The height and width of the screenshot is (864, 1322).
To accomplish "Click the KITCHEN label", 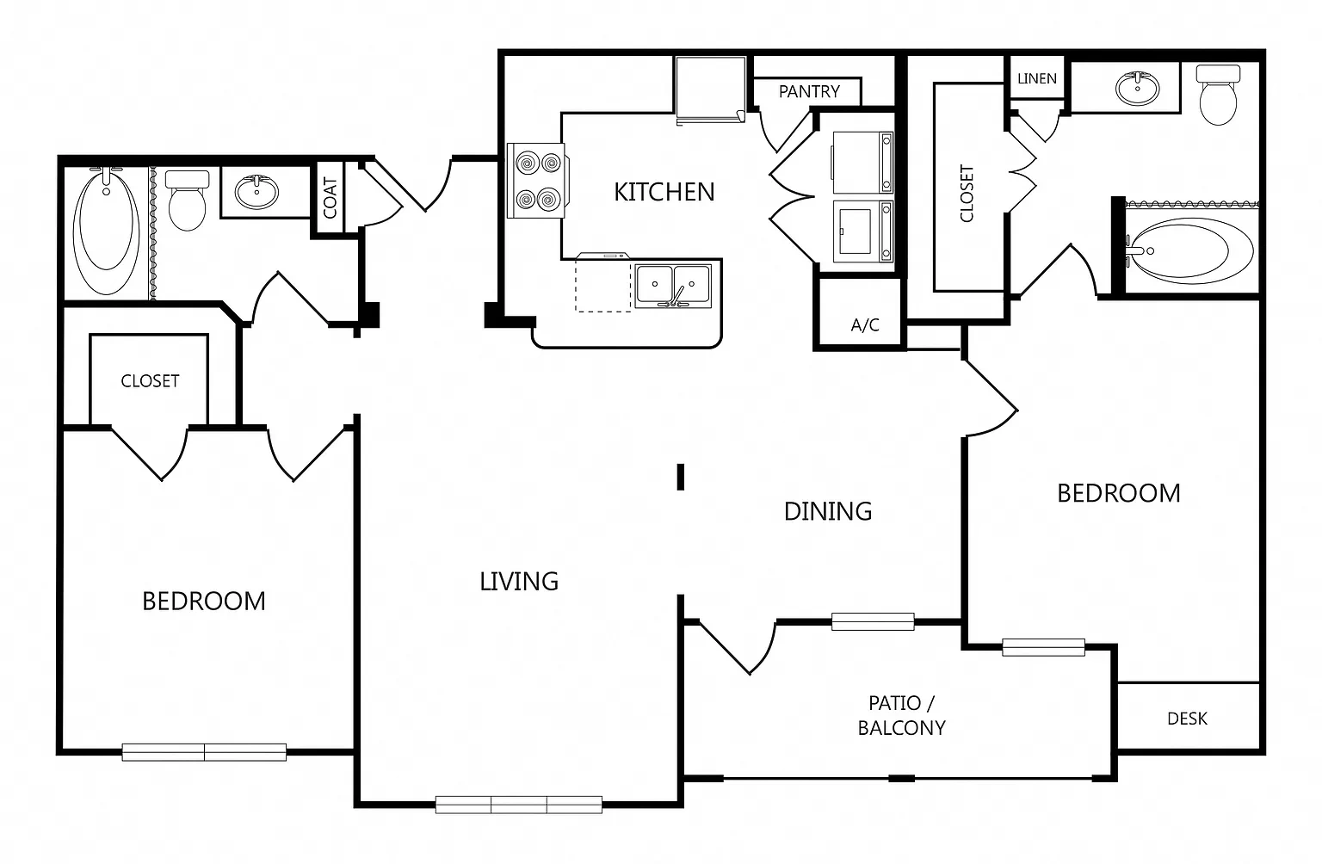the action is pyautogui.click(x=664, y=192).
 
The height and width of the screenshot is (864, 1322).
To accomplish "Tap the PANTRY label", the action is pyautogui.click(x=808, y=91).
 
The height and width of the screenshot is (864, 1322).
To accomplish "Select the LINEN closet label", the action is pyautogui.click(x=1037, y=78).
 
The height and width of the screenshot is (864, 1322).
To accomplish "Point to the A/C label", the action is pyautogui.click(x=865, y=324).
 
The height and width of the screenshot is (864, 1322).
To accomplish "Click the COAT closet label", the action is pyautogui.click(x=330, y=198).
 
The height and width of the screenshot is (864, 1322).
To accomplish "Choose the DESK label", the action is pyautogui.click(x=1187, y=719).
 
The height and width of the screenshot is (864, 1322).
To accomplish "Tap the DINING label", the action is pyautogui.click(x=827, y=511).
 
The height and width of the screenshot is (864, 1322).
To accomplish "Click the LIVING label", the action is pyautogui.click(x=519, y=582).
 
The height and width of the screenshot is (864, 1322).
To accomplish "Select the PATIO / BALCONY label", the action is pyautogui.click(x=901, y=715).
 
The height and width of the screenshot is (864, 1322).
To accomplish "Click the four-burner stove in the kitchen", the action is pyautogui.click(x=536, y=181).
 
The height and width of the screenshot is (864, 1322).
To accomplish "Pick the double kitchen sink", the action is pyautogui.click(x=673, y=287).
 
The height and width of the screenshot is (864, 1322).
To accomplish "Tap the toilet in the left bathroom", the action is pyautogui.click(x=187, y=200).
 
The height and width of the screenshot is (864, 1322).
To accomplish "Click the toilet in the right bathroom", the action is pyautogui.click(x=1218, y=95).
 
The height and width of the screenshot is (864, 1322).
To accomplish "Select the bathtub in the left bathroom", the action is pyautogui.click(x=106, y=231).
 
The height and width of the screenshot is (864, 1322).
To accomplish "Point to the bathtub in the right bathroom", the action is pyautogui.click(x=1189, y=250).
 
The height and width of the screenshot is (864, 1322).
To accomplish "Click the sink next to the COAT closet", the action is pyautogui.click(x=256, y=192).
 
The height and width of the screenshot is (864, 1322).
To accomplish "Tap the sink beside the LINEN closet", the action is pyautogui.click(x=1137, y=89).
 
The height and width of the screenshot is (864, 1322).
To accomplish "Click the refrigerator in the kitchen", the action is pyautogui.click(x=711, y=89).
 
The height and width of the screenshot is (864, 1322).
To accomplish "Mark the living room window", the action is pyautogui.click(x=519, y=805).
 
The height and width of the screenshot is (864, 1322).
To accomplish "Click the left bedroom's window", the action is pyautogui.click(x=204, y=752).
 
